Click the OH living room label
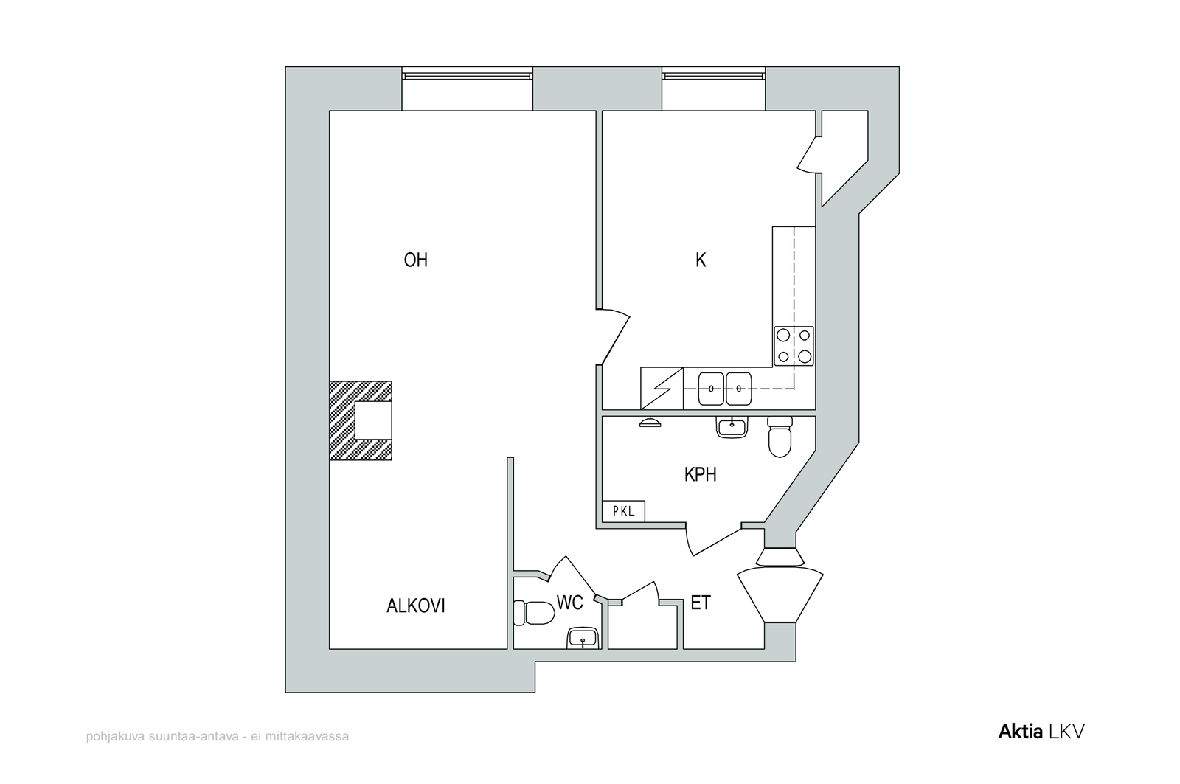point(416,260)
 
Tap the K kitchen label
point(701,260)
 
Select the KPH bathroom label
point(700,475)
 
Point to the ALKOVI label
point(416,606)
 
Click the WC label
point(569,603)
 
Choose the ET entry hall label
point(701,603)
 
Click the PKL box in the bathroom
point(624,510)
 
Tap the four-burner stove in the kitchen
point(794,346)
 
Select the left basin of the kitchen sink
point(711,389)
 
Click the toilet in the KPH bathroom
point(780,437)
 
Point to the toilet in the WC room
point(534,613)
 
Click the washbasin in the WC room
point(583,638)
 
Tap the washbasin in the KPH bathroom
point(732,426)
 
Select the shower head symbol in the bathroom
point(650,422)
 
